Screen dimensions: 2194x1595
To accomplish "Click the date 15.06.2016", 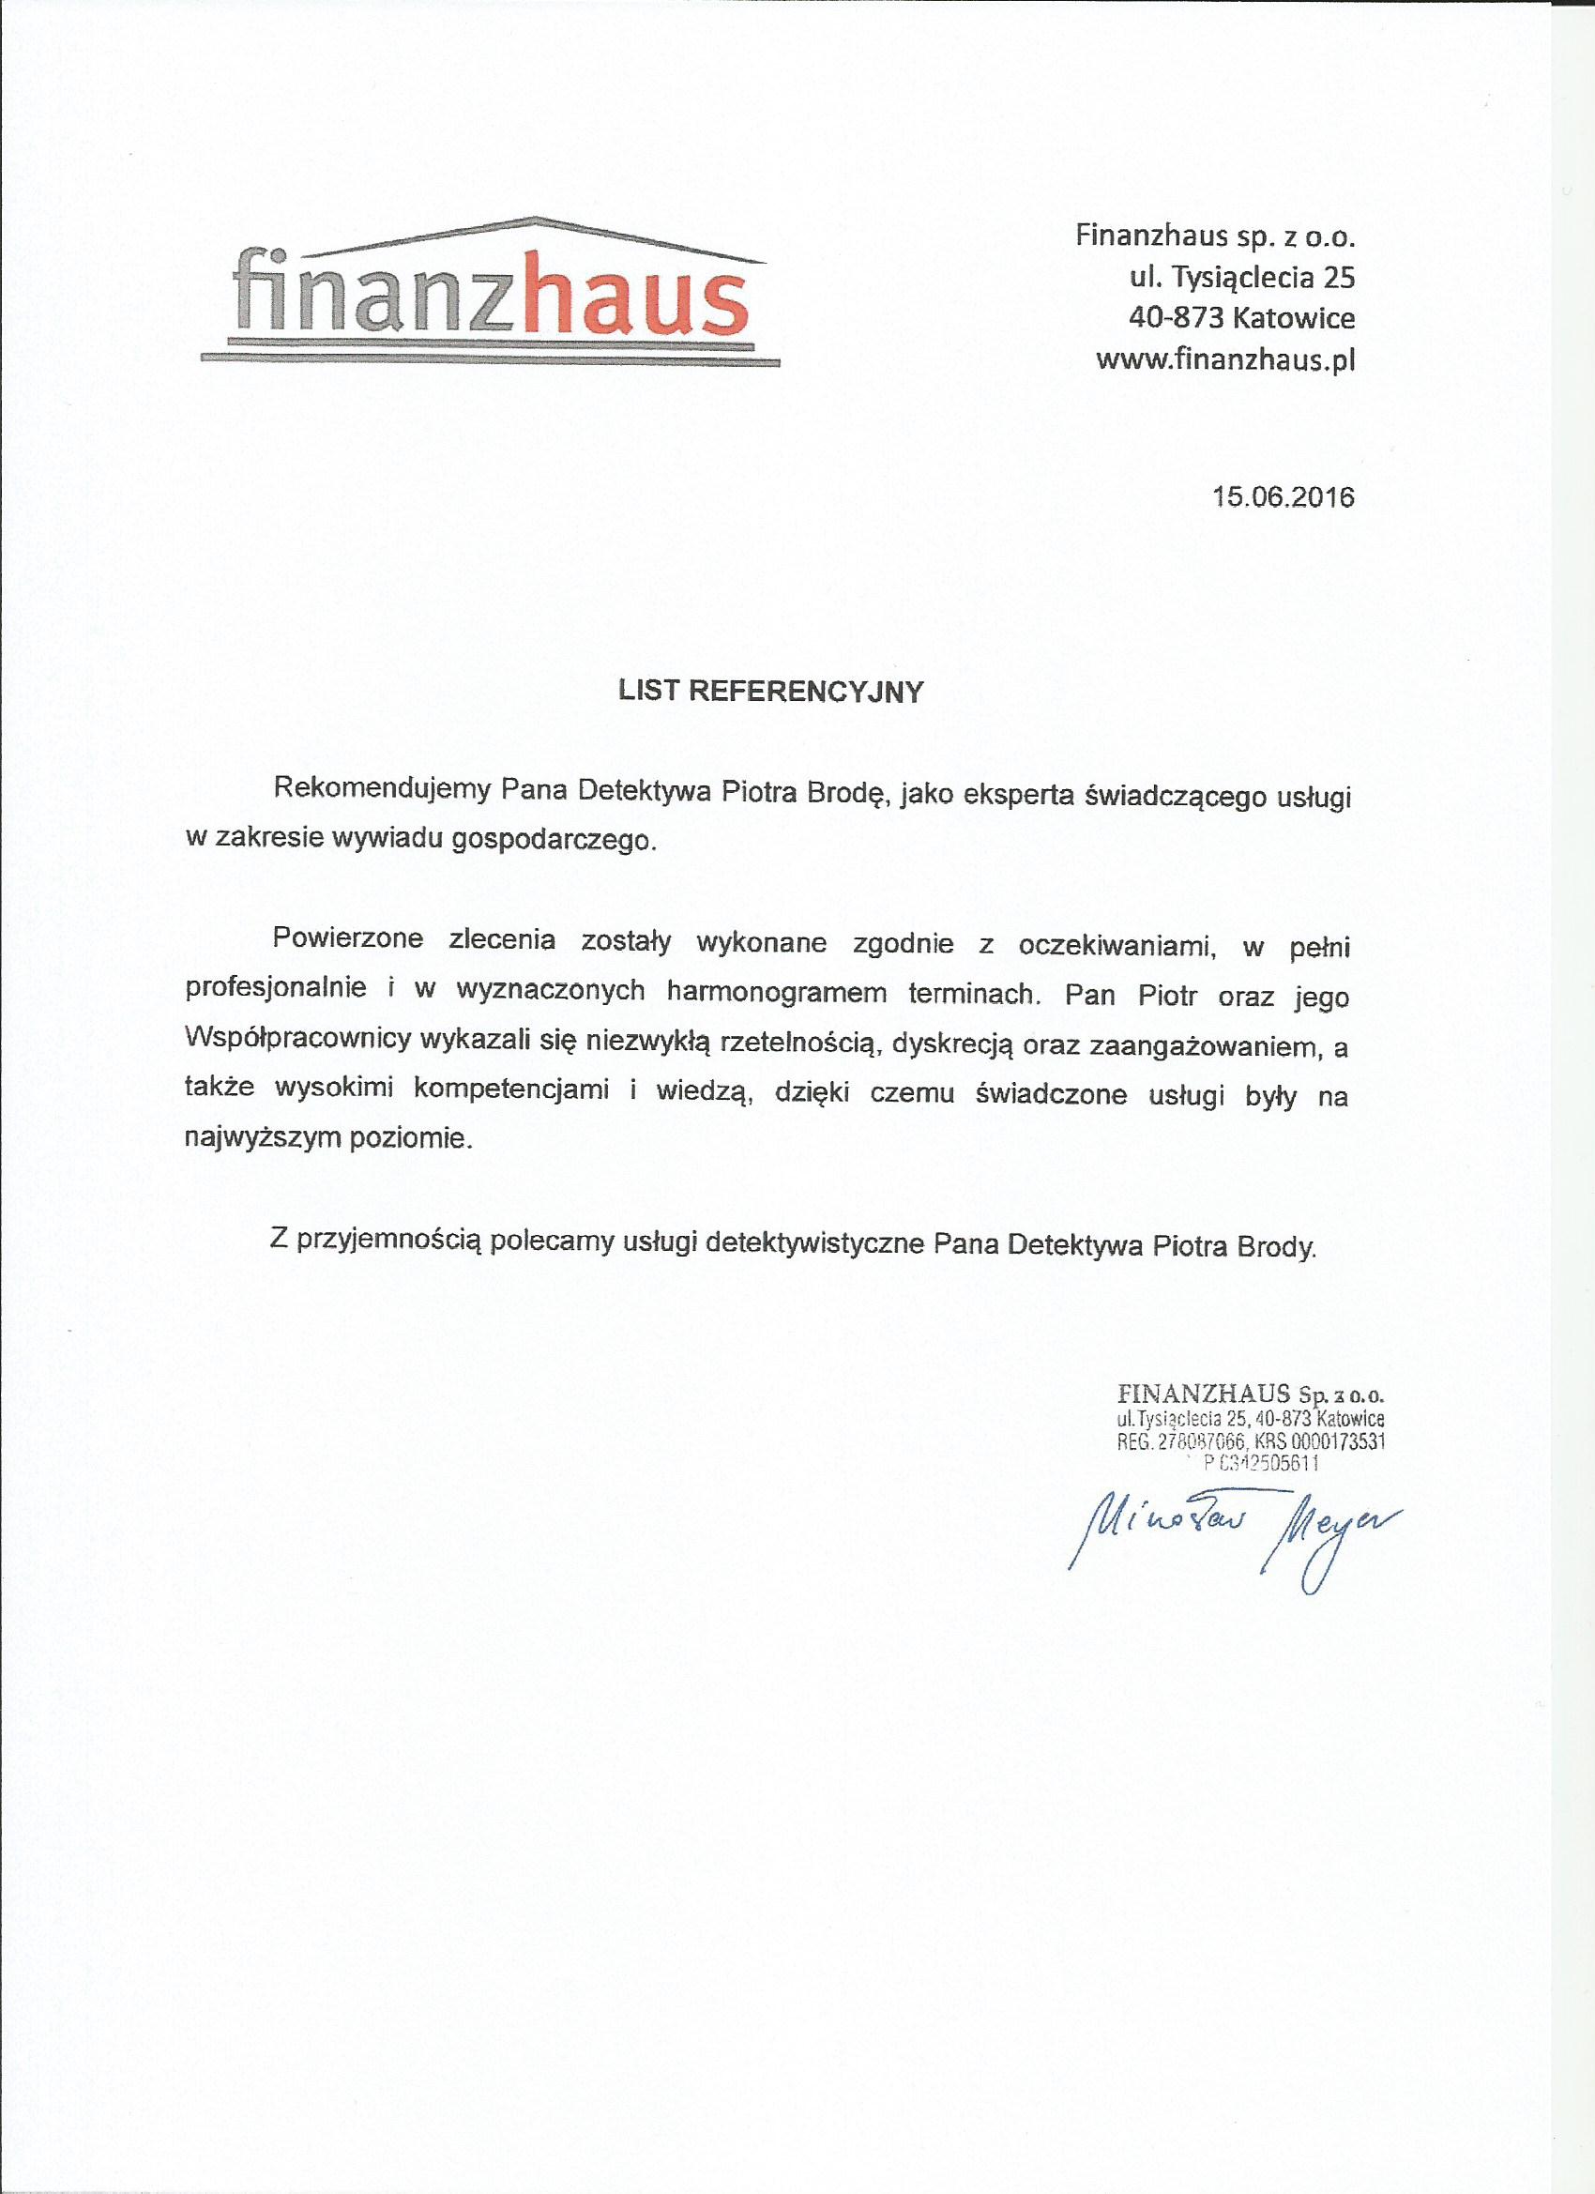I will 1284,497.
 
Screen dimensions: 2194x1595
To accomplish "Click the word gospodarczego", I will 554,840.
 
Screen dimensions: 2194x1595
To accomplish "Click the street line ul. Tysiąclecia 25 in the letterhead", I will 1242,279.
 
